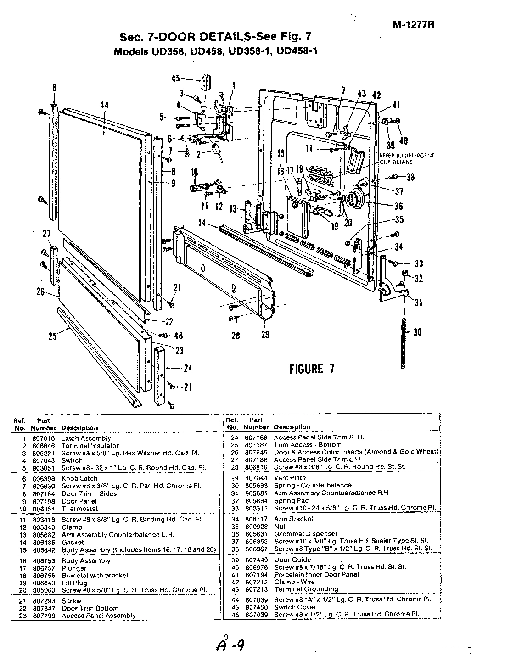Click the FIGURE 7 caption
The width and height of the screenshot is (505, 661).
311,369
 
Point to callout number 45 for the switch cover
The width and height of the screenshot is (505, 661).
175,78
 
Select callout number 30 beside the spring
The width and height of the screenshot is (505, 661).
417,332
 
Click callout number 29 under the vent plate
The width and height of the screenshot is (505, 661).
265,335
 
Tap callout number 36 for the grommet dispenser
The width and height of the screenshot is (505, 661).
398,206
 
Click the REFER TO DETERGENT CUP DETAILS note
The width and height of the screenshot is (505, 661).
406,159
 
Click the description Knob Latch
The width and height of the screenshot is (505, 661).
79,478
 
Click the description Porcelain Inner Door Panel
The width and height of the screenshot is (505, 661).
316,575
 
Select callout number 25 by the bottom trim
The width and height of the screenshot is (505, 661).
53,336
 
